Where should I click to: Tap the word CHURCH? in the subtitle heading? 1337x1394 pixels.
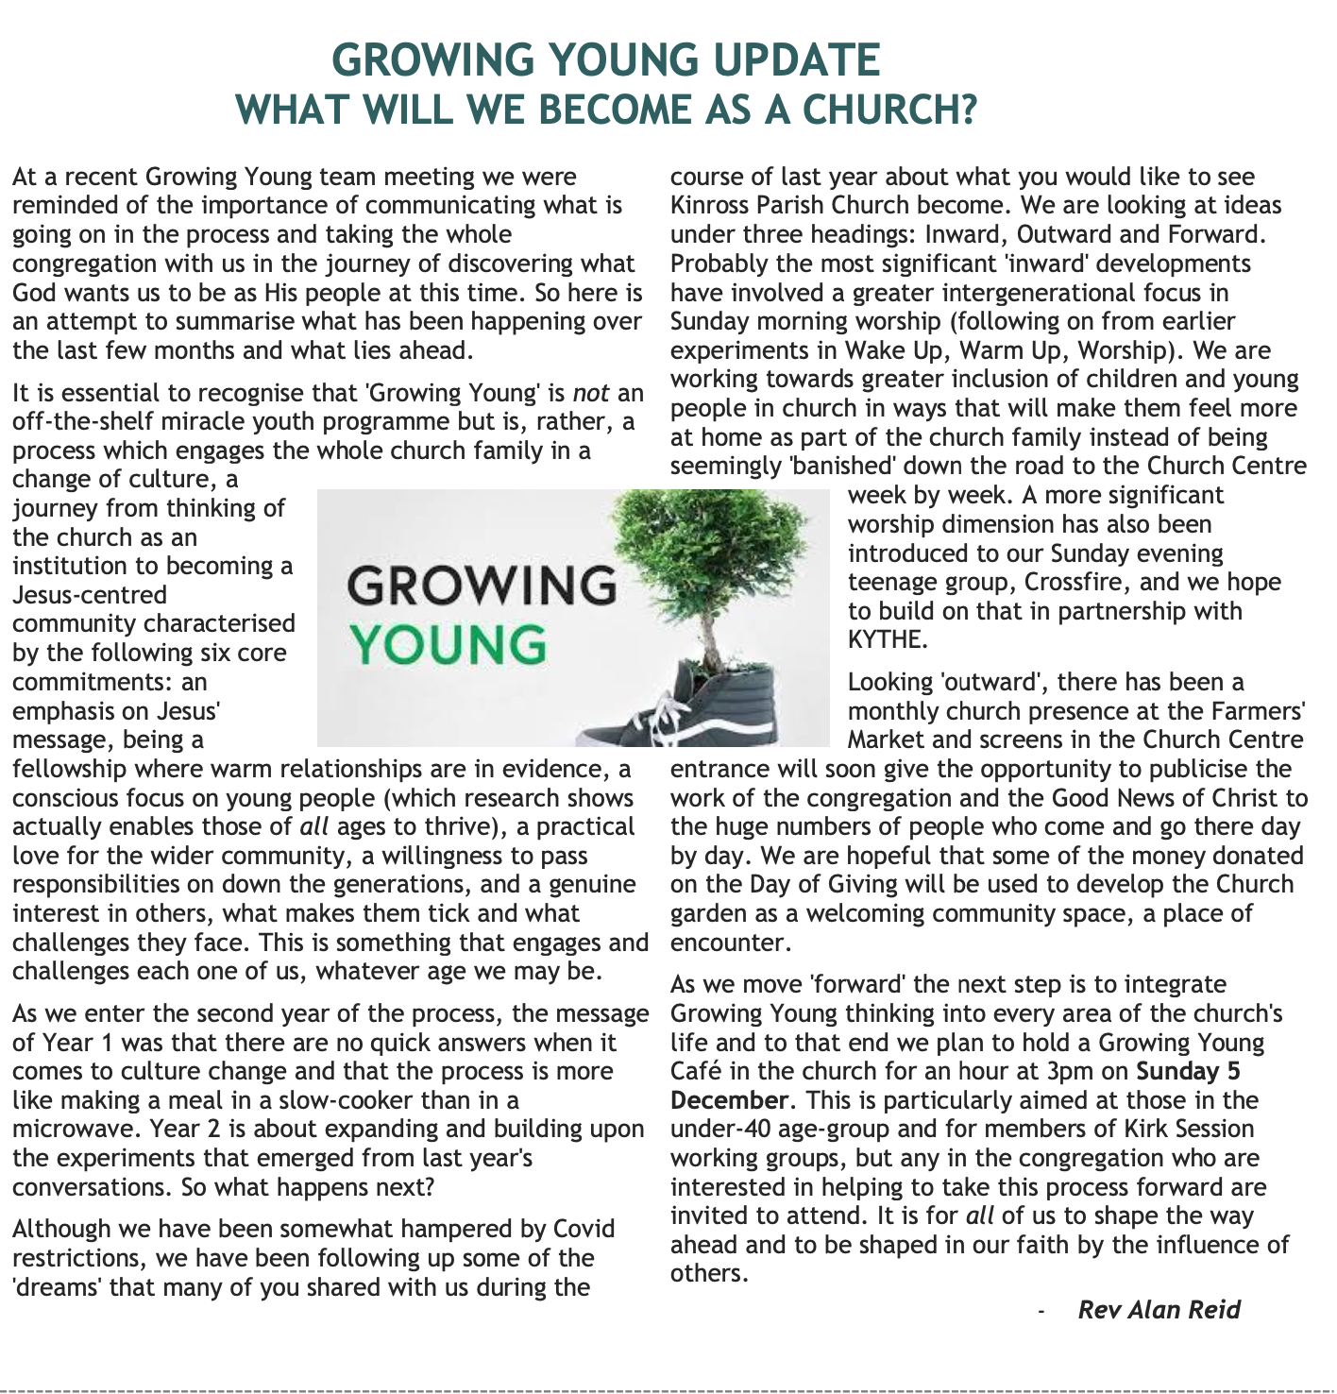point(889,110)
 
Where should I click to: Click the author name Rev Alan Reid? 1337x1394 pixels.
point(1159,1310)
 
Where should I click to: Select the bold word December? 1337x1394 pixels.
point(728,1101)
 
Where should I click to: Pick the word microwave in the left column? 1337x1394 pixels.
point(72,1130)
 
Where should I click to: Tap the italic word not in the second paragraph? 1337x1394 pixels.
point(590,393)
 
